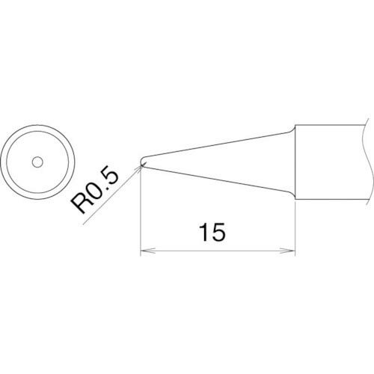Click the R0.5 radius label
point(94,192)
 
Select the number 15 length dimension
point(212,233)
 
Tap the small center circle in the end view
point(37,162)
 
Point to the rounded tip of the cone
point(141,162)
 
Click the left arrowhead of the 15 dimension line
point(147,251)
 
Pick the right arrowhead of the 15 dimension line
point(288,251)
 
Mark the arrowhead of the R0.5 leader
point(138,168)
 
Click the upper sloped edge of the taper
point(217,145)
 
